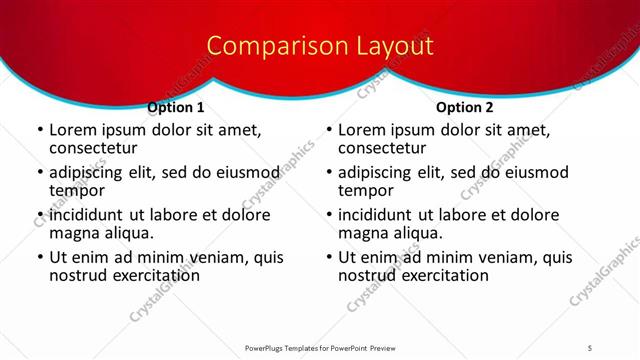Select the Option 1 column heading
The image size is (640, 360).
(176, 107)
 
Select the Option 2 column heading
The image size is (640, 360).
(465, 107)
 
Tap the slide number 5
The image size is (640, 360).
(591, 347)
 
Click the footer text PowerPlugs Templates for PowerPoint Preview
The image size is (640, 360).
(320, 347)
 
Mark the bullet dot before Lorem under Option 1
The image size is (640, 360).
(40, 130)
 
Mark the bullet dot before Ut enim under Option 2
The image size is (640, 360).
(329, 258)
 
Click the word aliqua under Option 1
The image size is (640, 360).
(126, 233)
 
